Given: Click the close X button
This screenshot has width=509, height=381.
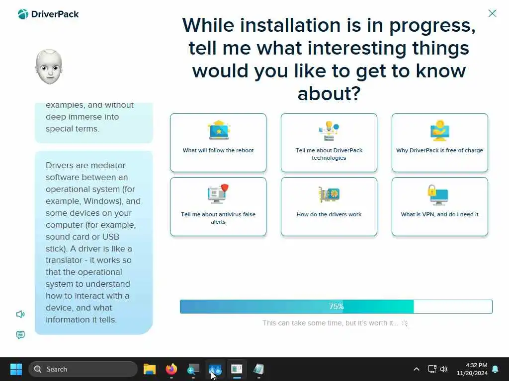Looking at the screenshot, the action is point(492,13).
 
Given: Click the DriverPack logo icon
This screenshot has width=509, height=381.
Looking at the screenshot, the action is point(23,14).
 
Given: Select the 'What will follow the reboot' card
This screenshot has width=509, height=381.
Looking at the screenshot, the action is point(218,142).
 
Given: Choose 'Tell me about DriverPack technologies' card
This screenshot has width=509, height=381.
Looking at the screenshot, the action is point(329,142).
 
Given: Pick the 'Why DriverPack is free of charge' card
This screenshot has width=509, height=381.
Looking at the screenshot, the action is point(439,142).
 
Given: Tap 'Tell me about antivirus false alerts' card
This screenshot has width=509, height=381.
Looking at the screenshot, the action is point(218,206).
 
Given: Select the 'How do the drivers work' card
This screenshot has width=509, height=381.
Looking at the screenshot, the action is point(329,206).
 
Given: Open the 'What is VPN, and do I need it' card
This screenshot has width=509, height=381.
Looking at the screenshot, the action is point(439,206).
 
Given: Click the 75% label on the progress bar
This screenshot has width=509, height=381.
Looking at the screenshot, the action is point(336,307).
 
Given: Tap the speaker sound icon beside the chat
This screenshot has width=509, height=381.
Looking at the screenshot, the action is point(20,314).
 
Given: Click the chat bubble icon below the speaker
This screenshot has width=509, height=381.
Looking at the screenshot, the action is point(20,335).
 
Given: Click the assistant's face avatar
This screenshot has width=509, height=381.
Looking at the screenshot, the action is point(49,67).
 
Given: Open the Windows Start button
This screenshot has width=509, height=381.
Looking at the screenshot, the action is point(16,369).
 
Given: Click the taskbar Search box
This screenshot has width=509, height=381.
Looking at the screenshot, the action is point(83,369).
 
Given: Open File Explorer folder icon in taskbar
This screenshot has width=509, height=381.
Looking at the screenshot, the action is point(150,369).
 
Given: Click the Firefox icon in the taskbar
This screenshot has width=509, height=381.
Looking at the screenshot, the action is point(171,369).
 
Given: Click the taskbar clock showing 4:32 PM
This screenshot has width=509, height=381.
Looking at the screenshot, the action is point(472,369).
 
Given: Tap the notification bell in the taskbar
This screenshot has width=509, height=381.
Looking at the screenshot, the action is point(496,369).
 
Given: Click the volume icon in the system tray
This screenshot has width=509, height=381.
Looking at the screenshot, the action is point(444,369).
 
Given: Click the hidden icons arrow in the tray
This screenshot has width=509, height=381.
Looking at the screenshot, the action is point(417,369).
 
